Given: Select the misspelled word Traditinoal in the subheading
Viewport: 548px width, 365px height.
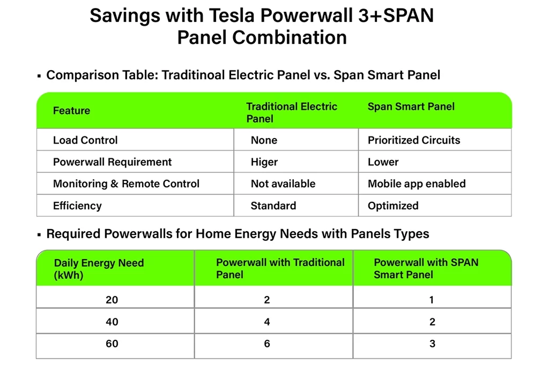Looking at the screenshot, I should pyautogui.click(x=193, y=75).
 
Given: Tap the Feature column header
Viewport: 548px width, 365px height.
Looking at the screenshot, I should pyautogui.click(x=71, y=111).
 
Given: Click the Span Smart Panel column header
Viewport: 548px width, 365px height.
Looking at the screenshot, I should pyautogui.click(x=411, y=107).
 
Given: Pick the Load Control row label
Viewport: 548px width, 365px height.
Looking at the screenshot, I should pyautogui.click(x=85, y=140).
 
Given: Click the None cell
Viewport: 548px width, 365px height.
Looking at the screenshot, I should pyautogui.click(x=264, y=140).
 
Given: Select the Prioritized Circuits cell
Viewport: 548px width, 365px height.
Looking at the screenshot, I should pyautogui.click(x=413, y=140).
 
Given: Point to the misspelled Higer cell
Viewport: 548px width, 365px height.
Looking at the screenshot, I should pyautogui.click(x=264, y=162).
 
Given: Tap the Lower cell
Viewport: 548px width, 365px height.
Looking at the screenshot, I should pyautogui.click(x=383, y=162).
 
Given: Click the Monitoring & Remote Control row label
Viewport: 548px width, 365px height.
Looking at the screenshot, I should pyautogui.click(x=126, y=184).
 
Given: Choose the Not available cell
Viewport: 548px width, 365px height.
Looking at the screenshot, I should pyautogui.click(x=283, y=184).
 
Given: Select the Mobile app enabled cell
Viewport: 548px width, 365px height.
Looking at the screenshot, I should pyautogui.click(x=416, y=184).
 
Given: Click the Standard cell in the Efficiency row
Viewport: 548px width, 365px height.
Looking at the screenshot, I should pyautogui.click(x=273, y=206).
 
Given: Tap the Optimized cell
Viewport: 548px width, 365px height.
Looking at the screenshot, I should pyautogui.click(x=393, y=206).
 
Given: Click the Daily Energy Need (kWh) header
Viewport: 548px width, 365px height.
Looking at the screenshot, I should pyautogui.click(x=99, y=269).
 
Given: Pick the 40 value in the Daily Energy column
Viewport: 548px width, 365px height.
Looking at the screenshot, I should pyautogui.click(x=112, y=322).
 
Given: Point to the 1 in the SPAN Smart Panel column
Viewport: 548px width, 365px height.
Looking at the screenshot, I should pyautogui.click(x=432, y=300).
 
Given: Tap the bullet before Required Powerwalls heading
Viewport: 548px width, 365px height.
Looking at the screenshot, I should pyautogui.click(x=39, y=235).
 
